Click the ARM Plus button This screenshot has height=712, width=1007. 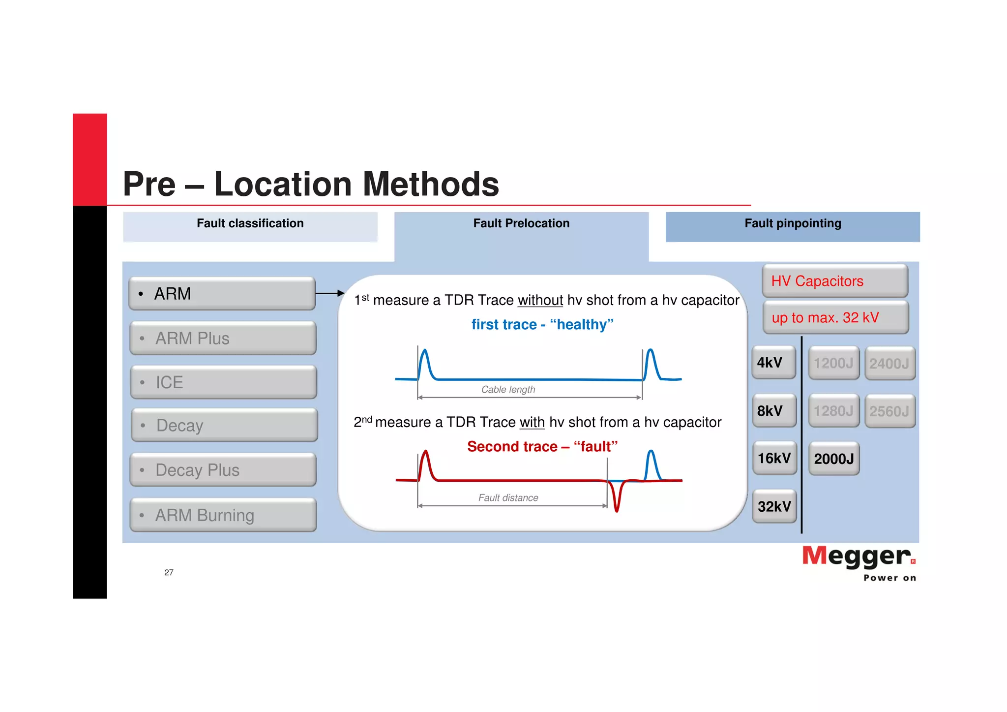(x=223, y=338)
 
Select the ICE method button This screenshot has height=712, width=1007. (x=223, y=382)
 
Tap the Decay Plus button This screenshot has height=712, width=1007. (x=223, y=470)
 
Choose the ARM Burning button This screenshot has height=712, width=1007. (x=223, y=515)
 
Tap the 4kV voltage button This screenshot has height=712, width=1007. (x=773, y=363)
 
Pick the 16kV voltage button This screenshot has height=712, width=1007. (x=774, y=458)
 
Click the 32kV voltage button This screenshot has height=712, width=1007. (x=774, y=506)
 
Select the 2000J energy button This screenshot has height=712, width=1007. (x=834, y=459)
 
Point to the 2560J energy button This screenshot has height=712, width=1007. (x=889, y=411)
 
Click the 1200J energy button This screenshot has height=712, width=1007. (x=833, y=363)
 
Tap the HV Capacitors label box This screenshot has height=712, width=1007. (x=834, y=281)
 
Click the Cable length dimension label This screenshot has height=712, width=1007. (x=508, y=389)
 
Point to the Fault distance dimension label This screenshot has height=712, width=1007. (x=508, y=497)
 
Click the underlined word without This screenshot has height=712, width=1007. (x=540, y=300)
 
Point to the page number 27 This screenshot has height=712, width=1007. (x=169, y=572)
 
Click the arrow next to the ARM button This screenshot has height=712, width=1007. (x=329, y=293)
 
